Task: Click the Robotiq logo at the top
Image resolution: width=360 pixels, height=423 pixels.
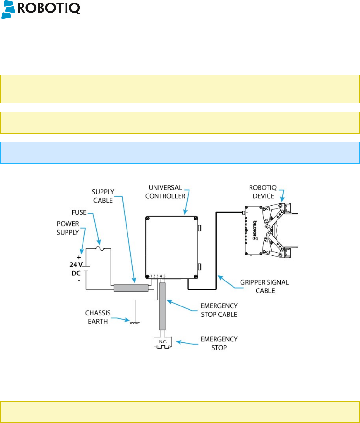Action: coord(40,9)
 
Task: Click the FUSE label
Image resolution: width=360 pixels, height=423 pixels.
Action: coord(79,212)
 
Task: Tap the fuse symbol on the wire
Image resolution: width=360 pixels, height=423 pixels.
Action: coord(101,248)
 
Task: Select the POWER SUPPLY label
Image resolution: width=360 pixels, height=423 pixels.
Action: coord(68,228)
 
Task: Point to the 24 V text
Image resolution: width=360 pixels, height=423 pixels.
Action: coord(76,265)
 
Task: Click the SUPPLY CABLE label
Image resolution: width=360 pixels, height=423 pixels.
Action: coord(103,196)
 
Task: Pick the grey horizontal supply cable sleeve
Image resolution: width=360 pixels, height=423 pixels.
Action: coord(131,288)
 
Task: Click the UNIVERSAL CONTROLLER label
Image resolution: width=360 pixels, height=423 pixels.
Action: coord(165,192)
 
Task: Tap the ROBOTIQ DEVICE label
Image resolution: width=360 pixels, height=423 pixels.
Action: coord(263,192)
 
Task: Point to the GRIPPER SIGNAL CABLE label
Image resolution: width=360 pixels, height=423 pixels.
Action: coord(265,287)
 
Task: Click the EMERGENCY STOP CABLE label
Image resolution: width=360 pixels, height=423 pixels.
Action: coord(219,310)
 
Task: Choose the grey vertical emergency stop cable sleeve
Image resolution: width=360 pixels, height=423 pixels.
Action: coord(162,306)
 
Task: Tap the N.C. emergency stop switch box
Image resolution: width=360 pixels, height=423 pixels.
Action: coord(163,342)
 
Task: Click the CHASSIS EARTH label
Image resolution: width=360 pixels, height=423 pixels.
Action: coord(98,317)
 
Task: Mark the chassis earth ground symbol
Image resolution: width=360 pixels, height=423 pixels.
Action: coord(135,322)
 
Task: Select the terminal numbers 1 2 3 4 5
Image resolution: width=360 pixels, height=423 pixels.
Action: coord(158,276)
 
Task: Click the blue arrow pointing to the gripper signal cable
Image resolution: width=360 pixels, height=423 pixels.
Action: coord(230,282)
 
